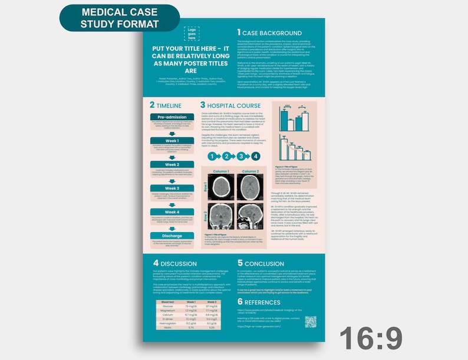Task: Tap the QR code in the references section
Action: [310, 322]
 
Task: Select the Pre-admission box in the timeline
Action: [172, 116]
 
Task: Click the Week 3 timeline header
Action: [172, 188]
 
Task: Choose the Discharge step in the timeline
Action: [172, 236]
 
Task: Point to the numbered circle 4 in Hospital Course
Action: [255, 156]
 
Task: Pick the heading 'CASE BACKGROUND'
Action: [273, 33]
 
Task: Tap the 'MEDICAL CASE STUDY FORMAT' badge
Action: [120, 18]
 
